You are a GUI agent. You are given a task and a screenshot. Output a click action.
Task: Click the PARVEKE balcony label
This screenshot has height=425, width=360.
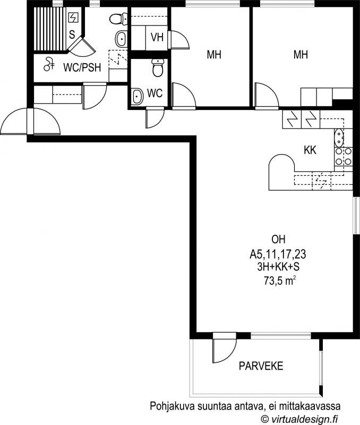[261, 366]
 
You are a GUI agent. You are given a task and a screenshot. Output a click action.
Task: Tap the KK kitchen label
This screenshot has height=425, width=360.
[310, 150]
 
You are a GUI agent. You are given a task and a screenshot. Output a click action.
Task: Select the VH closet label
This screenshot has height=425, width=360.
[157, 37]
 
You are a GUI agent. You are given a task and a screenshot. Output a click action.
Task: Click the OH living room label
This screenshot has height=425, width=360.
[278, 240]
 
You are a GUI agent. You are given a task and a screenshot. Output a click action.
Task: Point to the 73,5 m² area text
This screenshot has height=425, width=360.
[279, 281]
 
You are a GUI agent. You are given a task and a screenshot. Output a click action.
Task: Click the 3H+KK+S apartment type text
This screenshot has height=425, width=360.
[278, 267]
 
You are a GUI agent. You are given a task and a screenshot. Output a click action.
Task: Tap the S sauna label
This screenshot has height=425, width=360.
[72, 35]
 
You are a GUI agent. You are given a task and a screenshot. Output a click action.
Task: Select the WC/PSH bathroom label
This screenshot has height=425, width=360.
[82, 67]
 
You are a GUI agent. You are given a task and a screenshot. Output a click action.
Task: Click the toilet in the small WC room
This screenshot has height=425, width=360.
[158, 68]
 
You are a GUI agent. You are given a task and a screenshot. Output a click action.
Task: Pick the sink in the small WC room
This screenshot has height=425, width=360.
[138, 96]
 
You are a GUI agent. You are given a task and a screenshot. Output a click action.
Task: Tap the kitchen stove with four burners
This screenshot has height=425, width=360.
[344, 157]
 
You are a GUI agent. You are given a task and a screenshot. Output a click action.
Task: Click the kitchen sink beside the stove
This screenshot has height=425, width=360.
[339, 138]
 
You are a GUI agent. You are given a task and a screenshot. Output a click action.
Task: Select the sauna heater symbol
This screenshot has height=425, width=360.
[73, 18]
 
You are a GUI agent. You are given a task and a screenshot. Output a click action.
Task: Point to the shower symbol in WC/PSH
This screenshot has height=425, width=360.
[49, 64]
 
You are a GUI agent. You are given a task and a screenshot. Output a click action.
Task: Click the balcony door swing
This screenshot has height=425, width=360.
[225, 351]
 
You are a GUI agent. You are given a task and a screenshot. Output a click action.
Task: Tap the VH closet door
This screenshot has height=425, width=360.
[179, 40]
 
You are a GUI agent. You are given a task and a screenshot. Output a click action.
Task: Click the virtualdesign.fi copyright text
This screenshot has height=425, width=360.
[299, 419]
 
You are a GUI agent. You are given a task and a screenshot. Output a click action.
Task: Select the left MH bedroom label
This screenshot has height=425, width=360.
[214, 55]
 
